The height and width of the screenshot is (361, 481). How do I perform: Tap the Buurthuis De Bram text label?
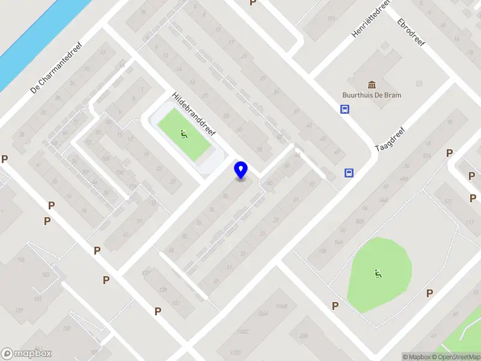click(372, 95)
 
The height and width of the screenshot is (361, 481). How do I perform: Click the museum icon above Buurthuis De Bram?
click(372, 83)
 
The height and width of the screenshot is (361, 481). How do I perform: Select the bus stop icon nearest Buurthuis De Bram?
click(345, 109)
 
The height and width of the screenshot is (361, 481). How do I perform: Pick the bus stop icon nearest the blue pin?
click(349, 173)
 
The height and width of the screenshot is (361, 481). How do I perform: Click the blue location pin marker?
click(240, 170)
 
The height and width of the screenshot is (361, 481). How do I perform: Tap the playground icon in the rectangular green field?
click(183, 134)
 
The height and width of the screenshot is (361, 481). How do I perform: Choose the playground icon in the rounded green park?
click(377, 274)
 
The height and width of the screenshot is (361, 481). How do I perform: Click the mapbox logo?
click(26, 354)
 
